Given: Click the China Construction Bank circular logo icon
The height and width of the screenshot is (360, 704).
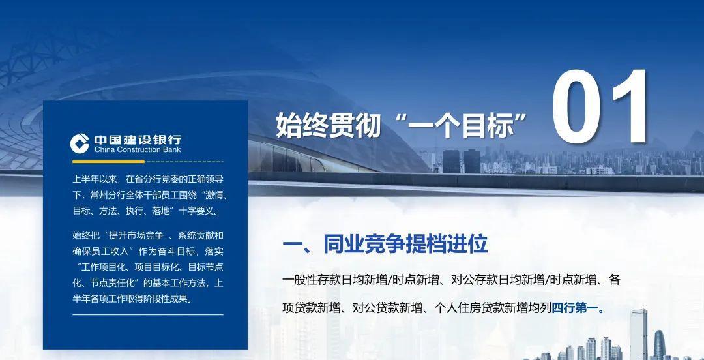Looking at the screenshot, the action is [x=80, y=143].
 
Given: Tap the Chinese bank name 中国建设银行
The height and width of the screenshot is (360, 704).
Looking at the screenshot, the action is [x=138, y=140].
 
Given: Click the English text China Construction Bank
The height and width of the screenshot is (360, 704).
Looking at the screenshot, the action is [x=138, y=149].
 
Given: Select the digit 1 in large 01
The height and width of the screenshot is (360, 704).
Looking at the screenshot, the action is [x=631, y=108].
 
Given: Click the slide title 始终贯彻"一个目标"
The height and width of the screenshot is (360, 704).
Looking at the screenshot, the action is [x=401, y=125].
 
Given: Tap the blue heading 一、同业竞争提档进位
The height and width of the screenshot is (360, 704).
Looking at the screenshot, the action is [x=385, y=245].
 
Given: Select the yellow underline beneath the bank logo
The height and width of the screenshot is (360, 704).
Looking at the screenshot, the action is [x=108, y=161].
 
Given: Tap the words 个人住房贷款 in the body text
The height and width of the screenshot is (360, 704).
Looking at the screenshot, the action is [x=469, y=308].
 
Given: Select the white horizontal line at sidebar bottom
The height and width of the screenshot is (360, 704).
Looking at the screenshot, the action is [x=148, y=314].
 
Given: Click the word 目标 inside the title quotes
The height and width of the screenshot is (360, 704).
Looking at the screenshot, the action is [x=488, y=125].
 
